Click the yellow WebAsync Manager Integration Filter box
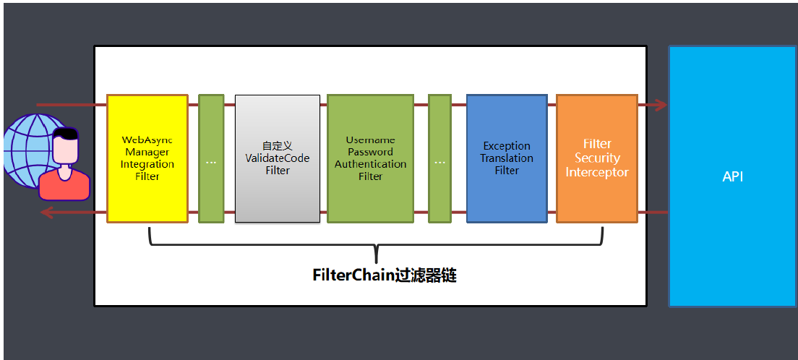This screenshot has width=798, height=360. point(147,158)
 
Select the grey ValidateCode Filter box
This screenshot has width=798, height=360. point(278,158)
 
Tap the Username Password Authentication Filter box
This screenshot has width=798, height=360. point(370,158)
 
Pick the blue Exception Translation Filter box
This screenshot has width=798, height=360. point(507,158)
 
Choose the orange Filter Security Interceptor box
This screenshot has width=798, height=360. point(597,158)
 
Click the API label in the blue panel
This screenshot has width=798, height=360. point(732,176)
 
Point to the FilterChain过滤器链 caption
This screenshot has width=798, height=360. point(384,275)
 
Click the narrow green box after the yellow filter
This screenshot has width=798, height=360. point(211,158)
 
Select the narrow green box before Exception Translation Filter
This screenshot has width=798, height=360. point(439,158)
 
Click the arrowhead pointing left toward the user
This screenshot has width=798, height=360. point(46,213)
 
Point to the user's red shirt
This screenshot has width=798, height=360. point(64,186)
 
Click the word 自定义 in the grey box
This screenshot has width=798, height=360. point(278,145)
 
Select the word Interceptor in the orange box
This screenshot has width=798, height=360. point(597,173)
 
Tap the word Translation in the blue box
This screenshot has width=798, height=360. point(507,158)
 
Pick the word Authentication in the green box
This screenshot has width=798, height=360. point(370,164)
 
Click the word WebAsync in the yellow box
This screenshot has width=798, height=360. point(147,140)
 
